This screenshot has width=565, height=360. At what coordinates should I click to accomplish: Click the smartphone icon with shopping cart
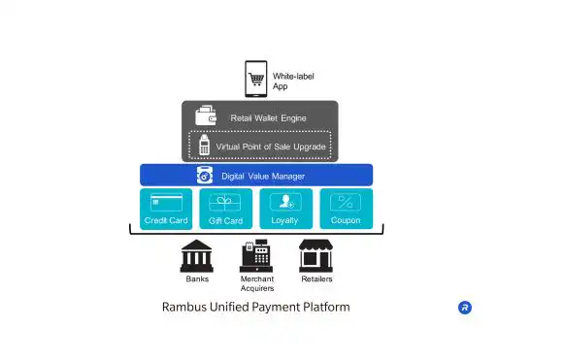coord(256,79)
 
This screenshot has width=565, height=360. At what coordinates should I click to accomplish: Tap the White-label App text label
coord(293,81)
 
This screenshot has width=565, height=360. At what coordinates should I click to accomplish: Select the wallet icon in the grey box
coord(206,115)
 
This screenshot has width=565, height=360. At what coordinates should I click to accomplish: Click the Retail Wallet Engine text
coord(269,118)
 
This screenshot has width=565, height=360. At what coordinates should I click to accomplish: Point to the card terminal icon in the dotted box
coord(204,146)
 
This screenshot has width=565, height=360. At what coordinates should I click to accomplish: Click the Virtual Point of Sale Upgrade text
coord(271,147)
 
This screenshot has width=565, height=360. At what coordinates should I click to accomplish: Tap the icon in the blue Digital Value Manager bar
coord(205,175)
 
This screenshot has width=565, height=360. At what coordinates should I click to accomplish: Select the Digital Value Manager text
coord(263,176)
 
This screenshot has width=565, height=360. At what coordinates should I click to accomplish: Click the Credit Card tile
coord(166,209)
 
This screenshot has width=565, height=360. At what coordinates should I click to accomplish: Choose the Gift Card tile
coord(226,209)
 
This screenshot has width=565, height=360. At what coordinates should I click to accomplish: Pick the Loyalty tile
coord(286,209)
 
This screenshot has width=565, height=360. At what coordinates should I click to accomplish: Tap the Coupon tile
coord(347,209)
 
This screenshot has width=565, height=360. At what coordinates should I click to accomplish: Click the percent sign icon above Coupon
coord(346,202)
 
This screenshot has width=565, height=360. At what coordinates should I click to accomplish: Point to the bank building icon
coord(197,256)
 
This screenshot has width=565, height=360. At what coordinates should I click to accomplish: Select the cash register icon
coord(256,255)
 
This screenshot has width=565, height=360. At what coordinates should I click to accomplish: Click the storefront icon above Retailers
coord(316,255)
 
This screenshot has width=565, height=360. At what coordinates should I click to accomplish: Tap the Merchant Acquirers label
coord(257,283)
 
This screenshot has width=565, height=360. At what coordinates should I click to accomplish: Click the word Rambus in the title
coord(184,307)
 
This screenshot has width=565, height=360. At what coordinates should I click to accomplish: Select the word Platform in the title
coord(326,307)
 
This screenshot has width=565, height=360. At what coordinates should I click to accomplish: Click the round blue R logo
coord(465,308)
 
